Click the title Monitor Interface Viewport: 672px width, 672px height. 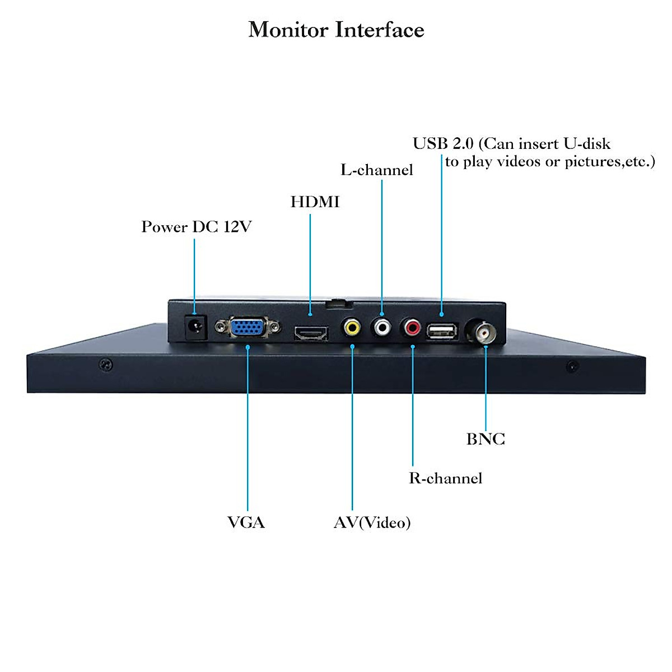[336, 30]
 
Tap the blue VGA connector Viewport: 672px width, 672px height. [248, 326]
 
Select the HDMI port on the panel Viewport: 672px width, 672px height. [311, 333]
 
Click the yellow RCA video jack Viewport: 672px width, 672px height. [352, 327]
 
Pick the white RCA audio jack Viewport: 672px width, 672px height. [382, 327]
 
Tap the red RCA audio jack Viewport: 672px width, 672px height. [412, 327]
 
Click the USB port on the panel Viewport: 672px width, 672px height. [442, 331]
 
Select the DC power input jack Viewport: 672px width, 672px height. [195, 327]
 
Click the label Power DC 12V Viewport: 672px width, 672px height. [196, 227]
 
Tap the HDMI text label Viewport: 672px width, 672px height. [315, 202]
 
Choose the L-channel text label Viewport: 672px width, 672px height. [377, 170]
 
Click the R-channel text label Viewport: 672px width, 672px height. [445, 478]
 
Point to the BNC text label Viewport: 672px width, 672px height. [486, 439]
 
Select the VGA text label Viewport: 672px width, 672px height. [246, 522]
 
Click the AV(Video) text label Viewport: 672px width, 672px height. [372, 522]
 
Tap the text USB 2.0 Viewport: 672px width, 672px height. [443, 143]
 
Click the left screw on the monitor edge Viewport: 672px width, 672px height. [106, 365]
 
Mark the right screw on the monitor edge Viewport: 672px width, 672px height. [572, 366]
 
